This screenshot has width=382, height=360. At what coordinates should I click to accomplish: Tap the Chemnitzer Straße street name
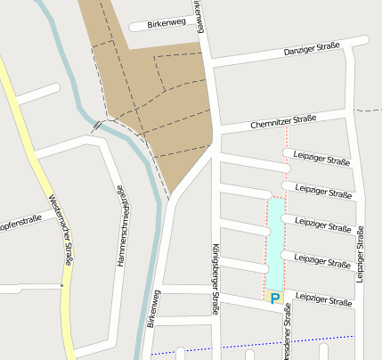pos(283,121)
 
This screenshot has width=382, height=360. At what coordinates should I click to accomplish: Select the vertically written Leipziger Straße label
pos(360,254)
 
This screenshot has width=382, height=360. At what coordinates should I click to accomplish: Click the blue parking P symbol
pos(274,299)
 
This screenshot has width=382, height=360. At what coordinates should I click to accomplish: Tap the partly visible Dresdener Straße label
pos(287,343)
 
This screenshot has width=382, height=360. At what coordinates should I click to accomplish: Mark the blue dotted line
pos(267,341)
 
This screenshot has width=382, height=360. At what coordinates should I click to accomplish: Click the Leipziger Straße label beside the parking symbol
pos(322,301)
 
